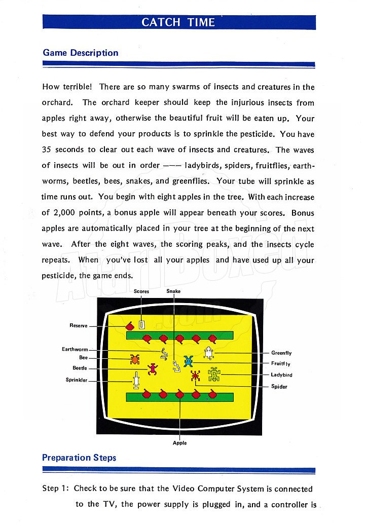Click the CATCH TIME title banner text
click(x=178, y=22)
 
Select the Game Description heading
click(x=81, y=53)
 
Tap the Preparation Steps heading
click(x=79, y=458)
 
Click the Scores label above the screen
click(x=141, y=291)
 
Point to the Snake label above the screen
click(x=173, y=291)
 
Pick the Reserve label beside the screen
click(x=79, y=325)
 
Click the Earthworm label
click(x=75, y=349)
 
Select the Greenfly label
click(x=281, y=353)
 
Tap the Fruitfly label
click(x=281, y=363)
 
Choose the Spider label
click(x=279, y=387)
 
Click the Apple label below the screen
click(x=180, y=443)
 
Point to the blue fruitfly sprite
click(x=189, y=361)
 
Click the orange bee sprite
click(x=135, y=359)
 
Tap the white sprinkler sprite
click(x=136, y=380)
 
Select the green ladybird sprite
click(x=214, y=375)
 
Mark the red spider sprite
click(x=196, y=376)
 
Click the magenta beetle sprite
click(x=153, y=369)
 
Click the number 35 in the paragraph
click(x=47, y=149)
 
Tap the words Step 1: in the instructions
click(x=55, y=488)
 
